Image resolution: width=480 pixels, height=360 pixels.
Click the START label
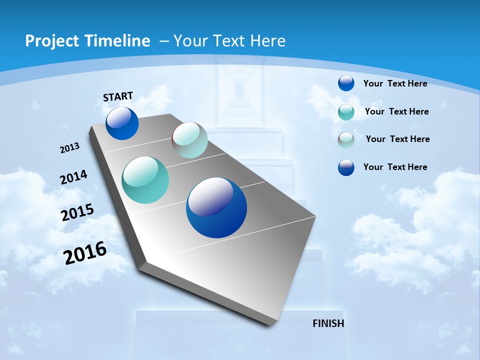[118, 96]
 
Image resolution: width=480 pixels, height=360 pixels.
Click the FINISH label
[328, 323]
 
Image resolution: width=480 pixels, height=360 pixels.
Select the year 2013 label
[70, 148]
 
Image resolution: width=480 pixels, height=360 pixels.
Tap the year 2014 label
[73, 177]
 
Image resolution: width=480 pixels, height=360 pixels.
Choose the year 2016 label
[85, 253]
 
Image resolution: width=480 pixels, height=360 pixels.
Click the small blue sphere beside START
[122, 123]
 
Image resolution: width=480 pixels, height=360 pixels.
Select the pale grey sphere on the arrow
[189, 140]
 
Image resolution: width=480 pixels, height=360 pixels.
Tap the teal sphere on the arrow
[145, 180]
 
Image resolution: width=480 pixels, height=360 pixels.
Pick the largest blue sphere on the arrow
[216, 207]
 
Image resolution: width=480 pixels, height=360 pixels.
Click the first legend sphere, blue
[346, 83]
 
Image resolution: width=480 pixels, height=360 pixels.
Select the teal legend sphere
[346, 112]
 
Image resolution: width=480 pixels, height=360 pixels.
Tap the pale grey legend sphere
[346, 139]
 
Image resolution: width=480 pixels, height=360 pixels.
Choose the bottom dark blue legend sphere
[346, 167]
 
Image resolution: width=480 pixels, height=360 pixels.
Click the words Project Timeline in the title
[87, 41]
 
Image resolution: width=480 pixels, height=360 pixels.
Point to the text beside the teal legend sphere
[396, 111]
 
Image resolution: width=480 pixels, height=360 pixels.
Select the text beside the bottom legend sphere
[395, 167]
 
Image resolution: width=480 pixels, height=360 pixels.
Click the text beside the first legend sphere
[395, 83]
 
